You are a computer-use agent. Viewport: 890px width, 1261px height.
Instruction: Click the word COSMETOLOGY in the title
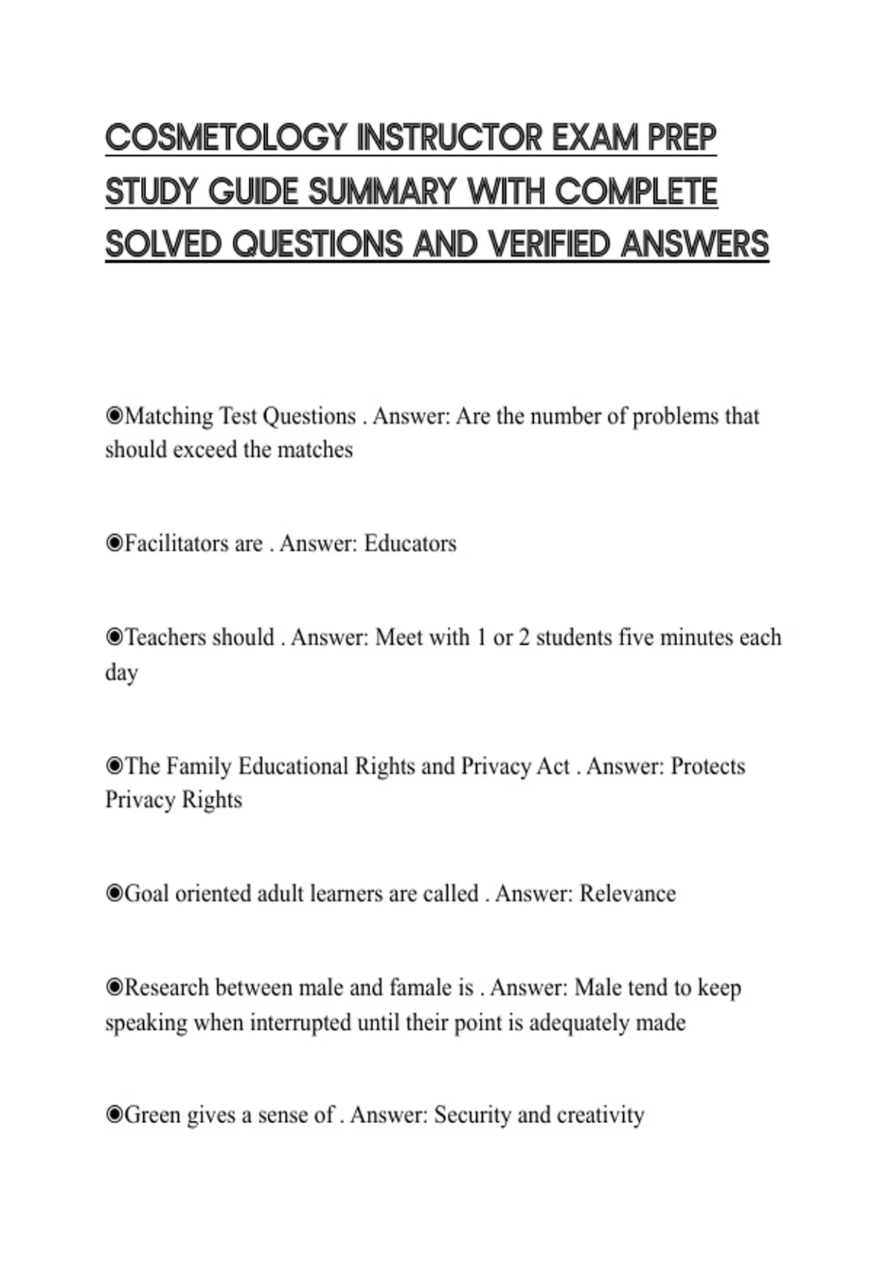(x=225, y=138)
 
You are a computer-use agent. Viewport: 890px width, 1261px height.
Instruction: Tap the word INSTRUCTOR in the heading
(x=449, y=138)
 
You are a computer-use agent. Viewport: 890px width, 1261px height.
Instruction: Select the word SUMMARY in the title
(x=381, y=191)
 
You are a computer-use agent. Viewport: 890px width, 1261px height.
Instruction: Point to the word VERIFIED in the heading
(x=548, y=244)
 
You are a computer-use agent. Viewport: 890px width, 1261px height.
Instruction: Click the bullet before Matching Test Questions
(x=114, y=416)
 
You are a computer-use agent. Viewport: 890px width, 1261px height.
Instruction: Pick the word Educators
(x=410, y=544)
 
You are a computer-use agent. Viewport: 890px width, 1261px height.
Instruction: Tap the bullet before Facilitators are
(x=114, y=544)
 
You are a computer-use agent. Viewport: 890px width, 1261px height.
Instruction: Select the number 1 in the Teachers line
(x=481, y=638)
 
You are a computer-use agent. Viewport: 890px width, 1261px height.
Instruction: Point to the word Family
(x=199, y=766)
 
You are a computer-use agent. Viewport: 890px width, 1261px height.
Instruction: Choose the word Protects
(x=708, y=766)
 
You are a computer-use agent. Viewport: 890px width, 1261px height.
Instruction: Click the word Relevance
(x=627, y=894)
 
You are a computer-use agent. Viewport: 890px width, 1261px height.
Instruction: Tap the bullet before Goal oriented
(x=114, y=894)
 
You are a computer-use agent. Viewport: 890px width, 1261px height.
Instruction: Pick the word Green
(x=152, y=1115)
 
